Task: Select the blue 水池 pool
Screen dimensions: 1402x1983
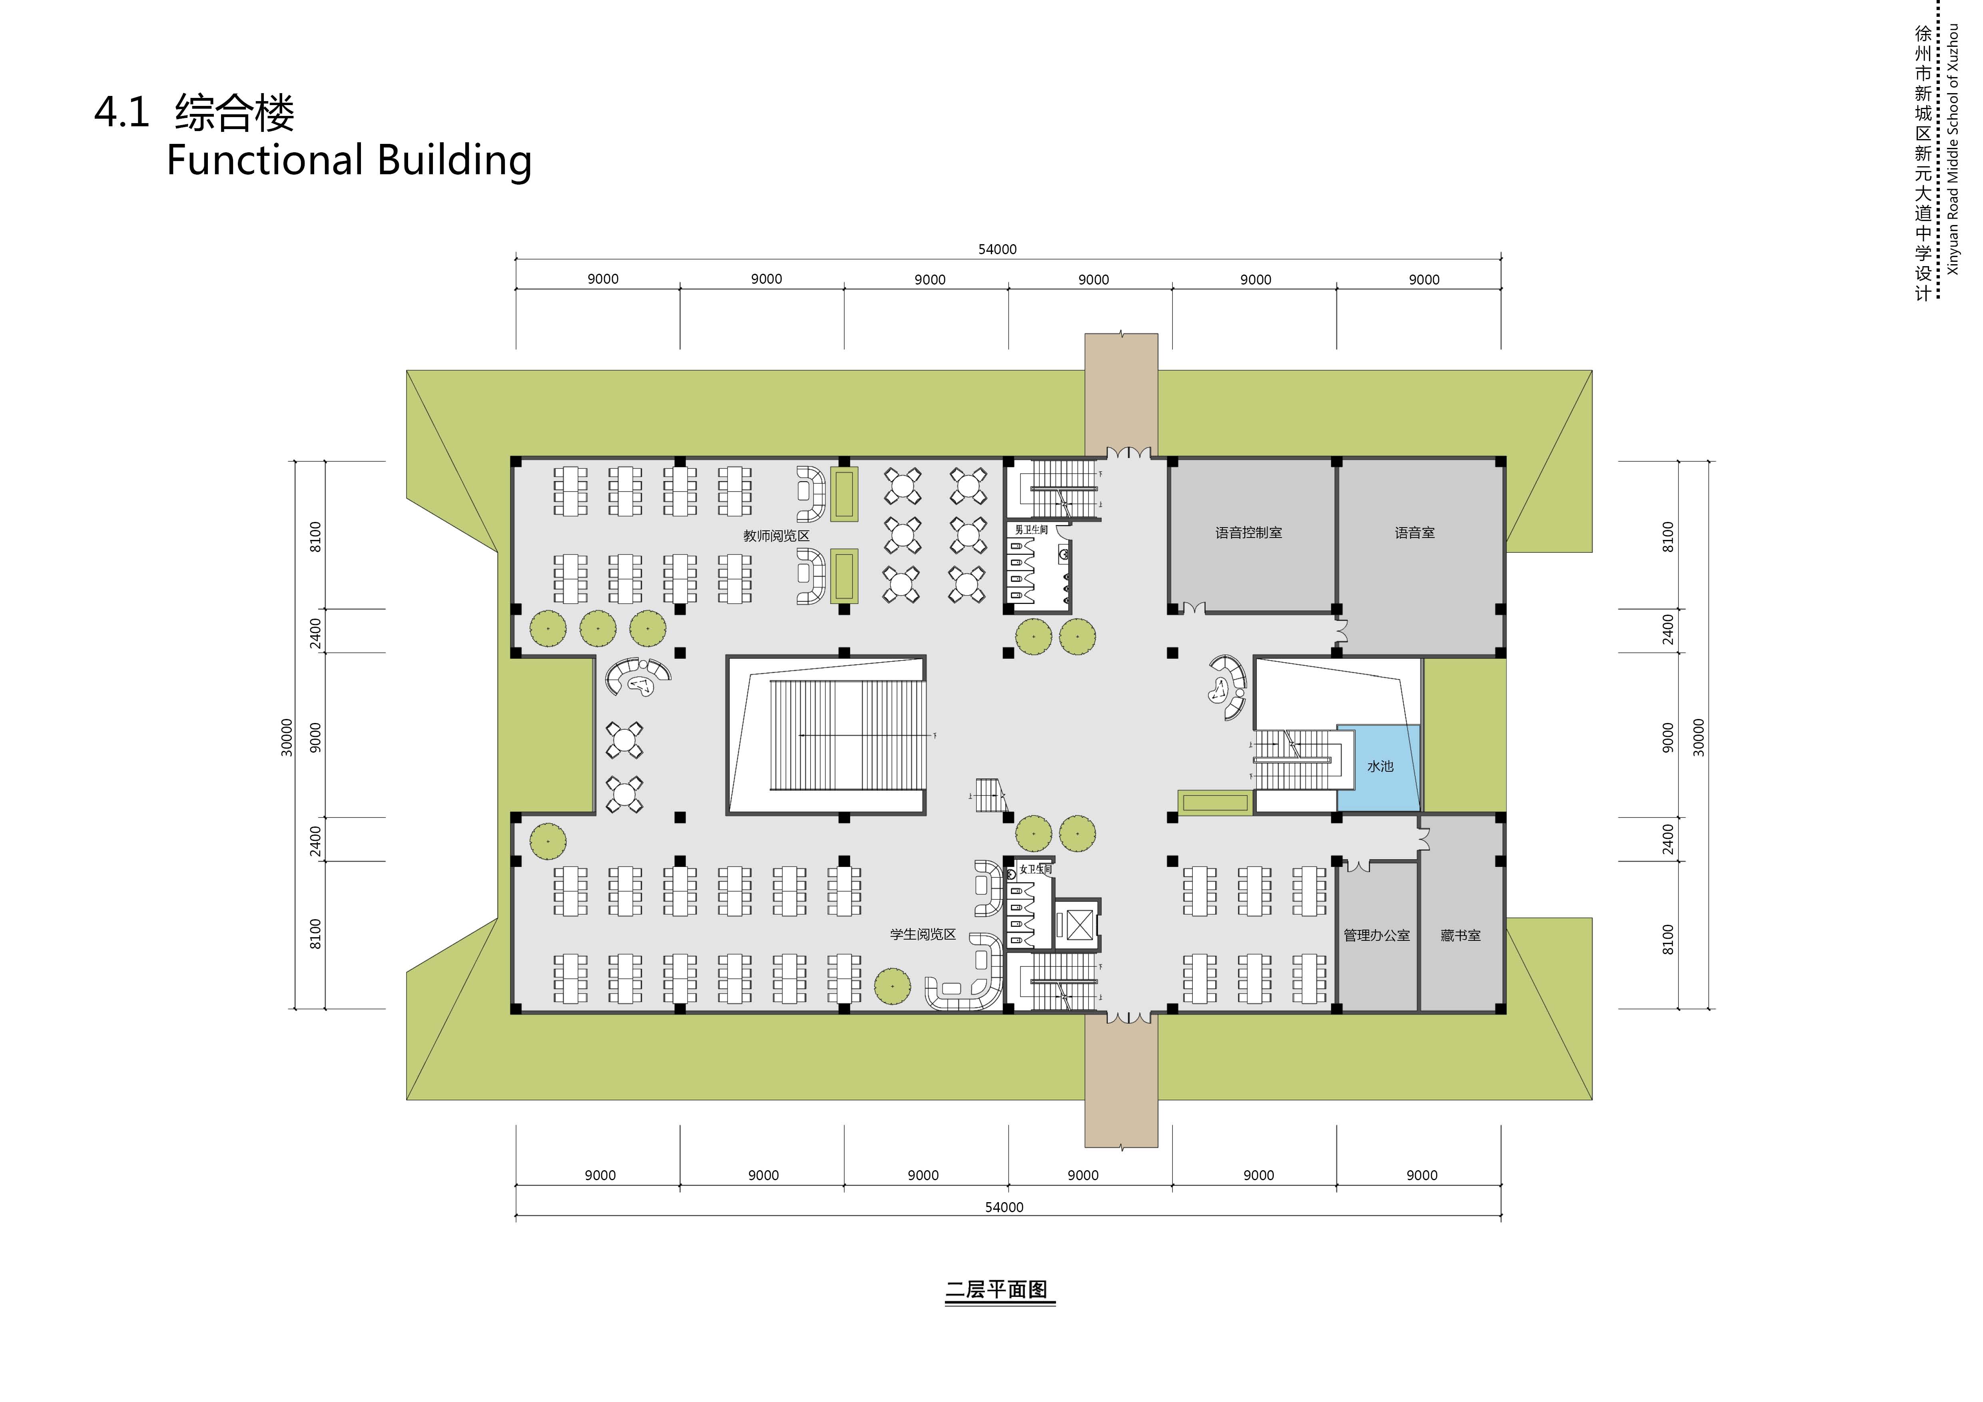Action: pyautogui.click(x=1379, y=767)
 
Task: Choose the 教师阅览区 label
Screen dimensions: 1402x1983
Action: pyautogui.click(x=775, y=536)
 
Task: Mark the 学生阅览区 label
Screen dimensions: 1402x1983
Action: pyautogui.click(x=923, y=934)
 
